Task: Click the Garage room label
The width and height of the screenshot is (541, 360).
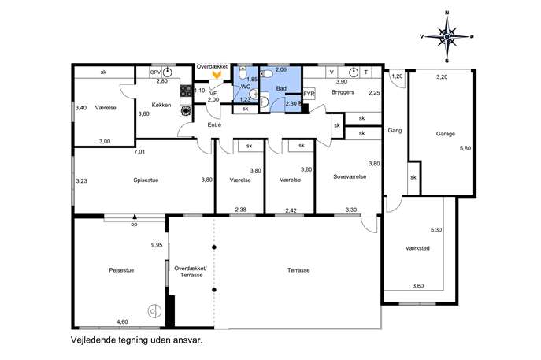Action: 446,134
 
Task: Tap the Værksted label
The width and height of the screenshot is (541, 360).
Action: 417,248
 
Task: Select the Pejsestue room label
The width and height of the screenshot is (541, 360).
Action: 121,270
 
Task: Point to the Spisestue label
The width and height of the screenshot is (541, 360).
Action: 146,180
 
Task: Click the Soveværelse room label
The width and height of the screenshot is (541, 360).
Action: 350,176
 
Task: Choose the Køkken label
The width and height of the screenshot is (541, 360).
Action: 161,105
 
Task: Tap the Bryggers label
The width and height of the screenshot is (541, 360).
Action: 343,92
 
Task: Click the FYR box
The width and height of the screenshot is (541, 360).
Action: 309,94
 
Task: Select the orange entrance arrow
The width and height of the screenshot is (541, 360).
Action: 217,74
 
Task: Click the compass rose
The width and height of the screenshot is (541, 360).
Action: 447,36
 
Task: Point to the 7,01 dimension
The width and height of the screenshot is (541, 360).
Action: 139,151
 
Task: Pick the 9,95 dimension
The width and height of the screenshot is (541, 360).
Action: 157,245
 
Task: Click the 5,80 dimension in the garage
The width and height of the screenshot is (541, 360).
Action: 465,148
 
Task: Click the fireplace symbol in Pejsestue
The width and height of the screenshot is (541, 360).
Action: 154,311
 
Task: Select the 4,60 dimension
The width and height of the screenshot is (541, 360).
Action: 122,321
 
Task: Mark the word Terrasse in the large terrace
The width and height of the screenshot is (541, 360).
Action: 298,270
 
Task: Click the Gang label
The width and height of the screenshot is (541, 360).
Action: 395,131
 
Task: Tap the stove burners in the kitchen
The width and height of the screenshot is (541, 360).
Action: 186,91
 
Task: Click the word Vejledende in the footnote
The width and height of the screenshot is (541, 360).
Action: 92,340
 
